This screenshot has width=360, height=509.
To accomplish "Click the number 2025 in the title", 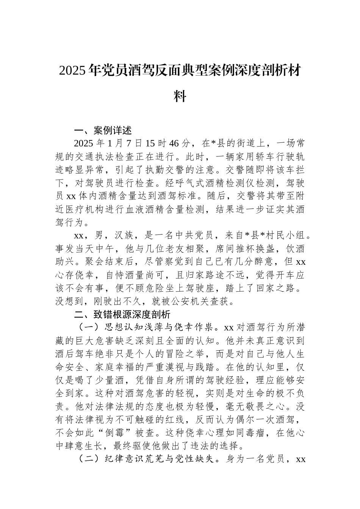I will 72,71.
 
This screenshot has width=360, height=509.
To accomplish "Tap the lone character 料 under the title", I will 180,96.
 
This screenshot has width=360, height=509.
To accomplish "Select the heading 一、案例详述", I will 103,131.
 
